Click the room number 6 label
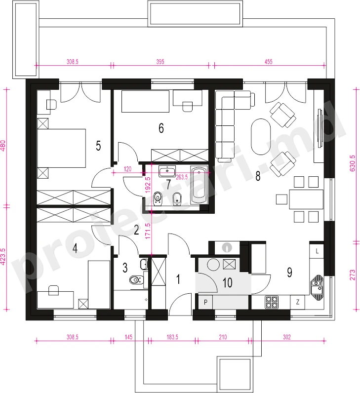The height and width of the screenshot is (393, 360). [x=161, y=128]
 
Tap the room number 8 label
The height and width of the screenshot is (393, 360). [x=258, y=176]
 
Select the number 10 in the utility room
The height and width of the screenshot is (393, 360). [x=227, y=283]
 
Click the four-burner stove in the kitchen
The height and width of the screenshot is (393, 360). [x=272, y=302]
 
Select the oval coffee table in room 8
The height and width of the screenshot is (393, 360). [x=261, y=137]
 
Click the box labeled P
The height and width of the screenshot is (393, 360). [x=205, y=302]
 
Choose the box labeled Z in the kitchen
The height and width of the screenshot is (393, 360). [x=298, y=302]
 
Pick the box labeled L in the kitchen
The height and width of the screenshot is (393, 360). [x=317, y=251]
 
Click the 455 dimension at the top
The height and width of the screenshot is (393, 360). [x=268, y=62]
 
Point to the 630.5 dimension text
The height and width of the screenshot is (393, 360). [x=353, y=163]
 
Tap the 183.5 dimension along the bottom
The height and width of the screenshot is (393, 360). [x=172, y=337]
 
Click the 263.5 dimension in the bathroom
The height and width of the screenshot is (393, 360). [x=182, y=177]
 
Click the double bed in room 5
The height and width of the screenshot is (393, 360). [x=61, y=148]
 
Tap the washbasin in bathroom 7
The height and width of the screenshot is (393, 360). [x=167, y=171]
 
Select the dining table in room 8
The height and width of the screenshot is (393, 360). [x=306, y=199]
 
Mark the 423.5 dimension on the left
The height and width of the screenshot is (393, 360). [x=3, y=257]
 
